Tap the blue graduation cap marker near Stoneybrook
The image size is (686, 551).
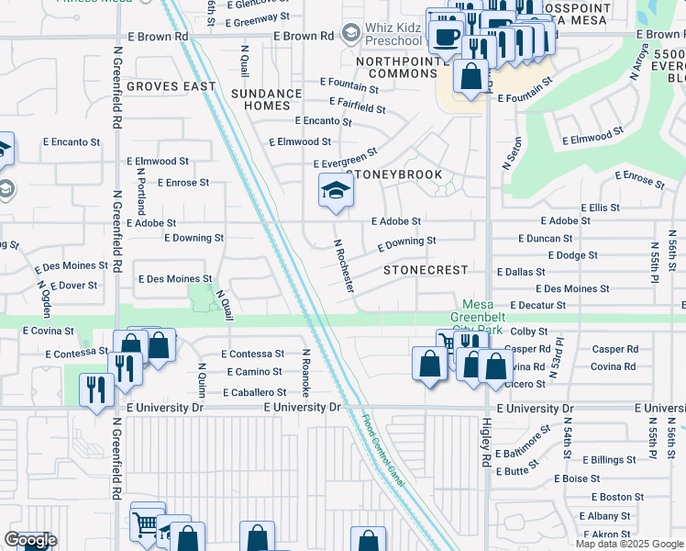[336, 192]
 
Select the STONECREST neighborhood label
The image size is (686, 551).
[426, 271]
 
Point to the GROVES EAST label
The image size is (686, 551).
[171, 86]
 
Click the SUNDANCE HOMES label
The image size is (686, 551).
[267, 99]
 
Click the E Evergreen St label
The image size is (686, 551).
[346, 159]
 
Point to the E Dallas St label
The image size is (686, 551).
[521, 273]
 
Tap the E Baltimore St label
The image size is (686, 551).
[523, 441]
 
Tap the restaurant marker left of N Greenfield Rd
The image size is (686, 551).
[95, 389]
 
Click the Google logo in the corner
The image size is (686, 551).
[30, 540]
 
